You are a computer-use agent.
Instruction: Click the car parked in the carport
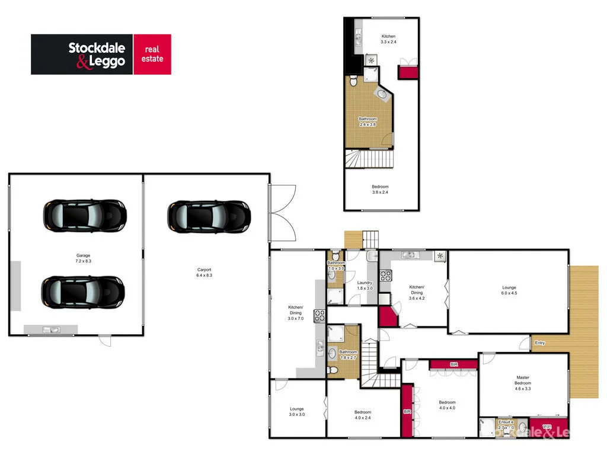pos(208,215)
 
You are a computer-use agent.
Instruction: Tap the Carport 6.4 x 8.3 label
pos(204,273)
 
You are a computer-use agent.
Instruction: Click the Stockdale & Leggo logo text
pos(97,55)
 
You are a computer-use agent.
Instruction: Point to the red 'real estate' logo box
pos(152,55)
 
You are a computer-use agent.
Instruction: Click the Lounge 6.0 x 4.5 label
pos(509,290)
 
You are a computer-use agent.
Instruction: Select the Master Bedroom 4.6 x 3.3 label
pos(522,383)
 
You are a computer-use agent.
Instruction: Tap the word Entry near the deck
pos(539,343)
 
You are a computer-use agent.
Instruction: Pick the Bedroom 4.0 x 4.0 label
pos(447,405)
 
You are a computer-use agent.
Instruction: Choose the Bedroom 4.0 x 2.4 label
pos(363,415)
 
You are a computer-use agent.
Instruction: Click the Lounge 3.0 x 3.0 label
pos(297,412)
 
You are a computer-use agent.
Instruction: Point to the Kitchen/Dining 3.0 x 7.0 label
pos(295,313)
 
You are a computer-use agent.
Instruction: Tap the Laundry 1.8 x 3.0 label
pos(365,286)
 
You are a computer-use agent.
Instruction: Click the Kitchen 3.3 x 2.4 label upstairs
pos(388,39)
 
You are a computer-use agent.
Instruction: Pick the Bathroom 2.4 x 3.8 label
pos(368,121)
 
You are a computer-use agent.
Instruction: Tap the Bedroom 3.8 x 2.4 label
pos(380,190)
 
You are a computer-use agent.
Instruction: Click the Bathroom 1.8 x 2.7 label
pos(348,355)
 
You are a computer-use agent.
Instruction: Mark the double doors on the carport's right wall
pos(282,212)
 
